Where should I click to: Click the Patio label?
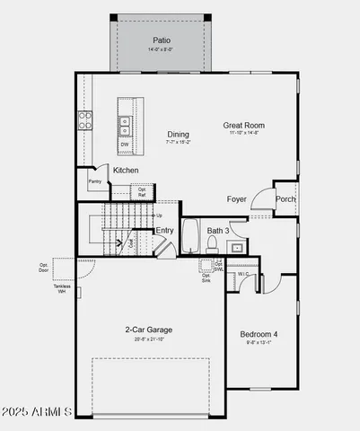click(161, 40)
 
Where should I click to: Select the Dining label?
click(178, 135)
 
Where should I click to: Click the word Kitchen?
click(126, 170)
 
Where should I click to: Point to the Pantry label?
click(94, 181)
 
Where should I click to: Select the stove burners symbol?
click(85, 120)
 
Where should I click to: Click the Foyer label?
click(236, 199)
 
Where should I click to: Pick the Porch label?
click(285, 199)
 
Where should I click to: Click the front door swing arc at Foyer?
click(260, 199)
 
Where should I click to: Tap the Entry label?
click(164, 231)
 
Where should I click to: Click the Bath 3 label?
click(218, 231)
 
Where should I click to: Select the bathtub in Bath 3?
click(189, 237)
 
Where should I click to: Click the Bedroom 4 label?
click(259, 334)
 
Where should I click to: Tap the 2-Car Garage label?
click(149, 330)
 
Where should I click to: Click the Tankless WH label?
click(62, 289)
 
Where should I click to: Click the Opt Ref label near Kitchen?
click(142, 191)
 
